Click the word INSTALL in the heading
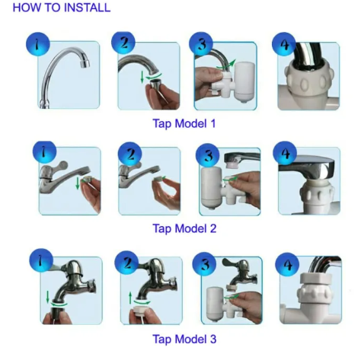(x=88, y=8)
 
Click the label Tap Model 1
(x=184, y=123)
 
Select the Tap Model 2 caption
(x=184, y=228)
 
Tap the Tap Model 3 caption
(x=184, y=339)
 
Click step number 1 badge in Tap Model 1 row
(x=38, y=44)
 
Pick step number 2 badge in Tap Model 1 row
(x=123, y=43)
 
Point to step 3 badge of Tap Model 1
(x=201, y=43)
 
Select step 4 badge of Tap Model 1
(x=284, y=44)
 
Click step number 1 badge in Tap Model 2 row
(x=44, y=153)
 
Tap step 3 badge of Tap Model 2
(x=208, y=155)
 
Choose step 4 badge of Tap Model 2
(x=285, y=153)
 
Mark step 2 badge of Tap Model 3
(x=126, y=263)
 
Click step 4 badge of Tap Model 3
(x=287, y=264)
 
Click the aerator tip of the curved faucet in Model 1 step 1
(x=85, y=63)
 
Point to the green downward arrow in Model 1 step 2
(x=142, y=77)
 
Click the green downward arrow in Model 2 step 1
(x=78, y=183)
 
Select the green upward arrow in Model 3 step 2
(x=130, y=298)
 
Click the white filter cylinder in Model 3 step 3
(x=215, y=303)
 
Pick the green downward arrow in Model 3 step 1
(x=47, y=297)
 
